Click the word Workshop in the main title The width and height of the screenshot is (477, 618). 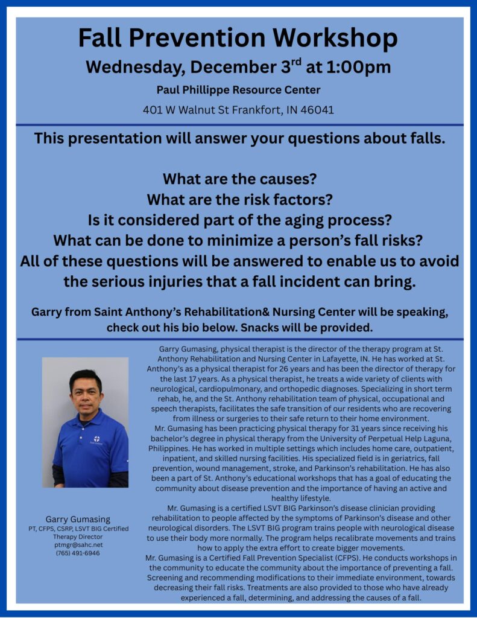click(x=335, y=38)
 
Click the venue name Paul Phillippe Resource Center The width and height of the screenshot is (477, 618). click(x=238, y=90)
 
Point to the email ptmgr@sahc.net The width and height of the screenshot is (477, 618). click(x=78, y=545)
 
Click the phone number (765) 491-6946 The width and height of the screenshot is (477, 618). click(x=78, y=553)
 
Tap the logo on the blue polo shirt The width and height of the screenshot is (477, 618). click(x=96, y=439)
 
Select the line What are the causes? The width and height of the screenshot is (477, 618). click(x=239, y=179)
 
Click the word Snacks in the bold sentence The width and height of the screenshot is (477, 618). click(x=257, y=328)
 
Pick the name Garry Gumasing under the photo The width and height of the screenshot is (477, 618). click(x=78, y=520)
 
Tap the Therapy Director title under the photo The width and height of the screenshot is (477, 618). click(x=78, y=537)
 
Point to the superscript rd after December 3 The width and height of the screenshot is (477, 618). click(x=296, y=62)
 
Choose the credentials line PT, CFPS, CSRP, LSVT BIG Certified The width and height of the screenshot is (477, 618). click(x=78, y=529)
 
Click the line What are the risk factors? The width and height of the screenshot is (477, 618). click(x=239, y=200)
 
